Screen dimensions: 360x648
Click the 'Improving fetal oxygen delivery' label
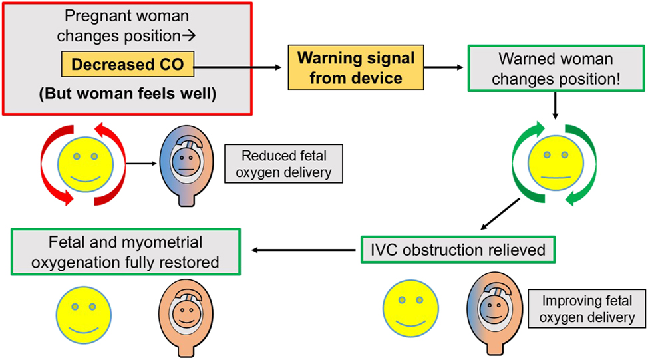point(587,309)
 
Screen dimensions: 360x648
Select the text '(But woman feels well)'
point(126,94)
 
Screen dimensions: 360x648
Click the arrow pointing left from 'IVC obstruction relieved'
point(303,250)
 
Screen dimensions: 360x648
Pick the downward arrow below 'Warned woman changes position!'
point(554,105)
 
